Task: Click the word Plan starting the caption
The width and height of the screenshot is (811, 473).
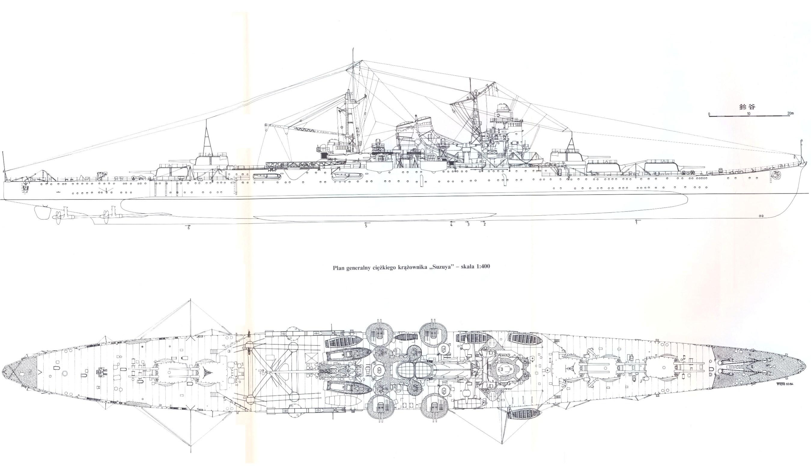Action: (339, 266)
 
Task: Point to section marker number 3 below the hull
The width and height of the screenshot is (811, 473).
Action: (468, 224)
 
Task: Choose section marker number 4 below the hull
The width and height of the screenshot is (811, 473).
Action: (451, 225)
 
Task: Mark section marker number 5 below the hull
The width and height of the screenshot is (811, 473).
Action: (366, 226)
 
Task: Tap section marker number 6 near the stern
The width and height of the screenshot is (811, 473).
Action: (189, 228)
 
